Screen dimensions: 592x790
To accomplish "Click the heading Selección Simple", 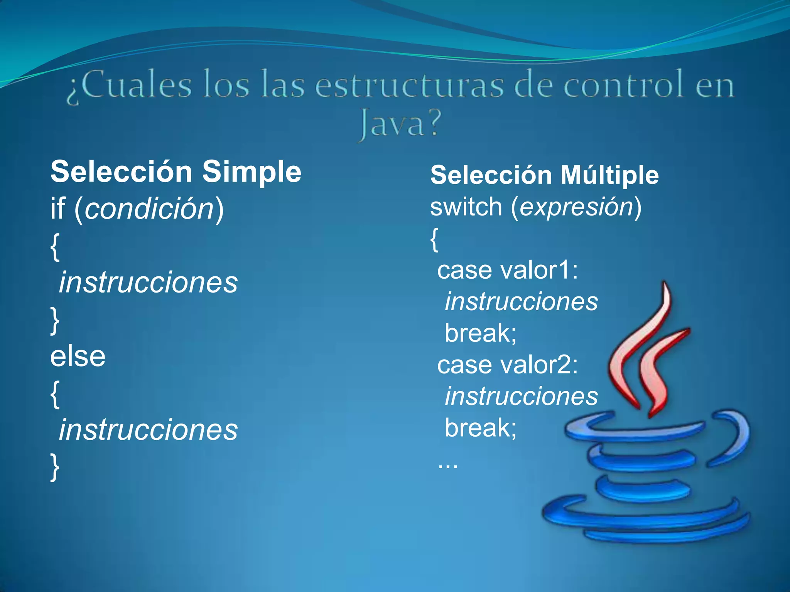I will [x=176, y=172].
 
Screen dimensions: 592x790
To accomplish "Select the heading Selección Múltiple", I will [x=544, y=175].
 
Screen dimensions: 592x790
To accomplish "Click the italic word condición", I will [x=149, y=209].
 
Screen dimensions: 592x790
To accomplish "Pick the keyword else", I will [x=78, y=356].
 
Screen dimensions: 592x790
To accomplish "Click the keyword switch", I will [x=466, y=207].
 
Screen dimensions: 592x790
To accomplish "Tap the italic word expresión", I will [x=576, y=207].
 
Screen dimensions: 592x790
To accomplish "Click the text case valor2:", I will [x=507, y=365].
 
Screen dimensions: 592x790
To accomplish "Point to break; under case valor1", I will [x=480, y=333].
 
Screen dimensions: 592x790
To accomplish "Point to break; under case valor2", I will [x=480, y=428].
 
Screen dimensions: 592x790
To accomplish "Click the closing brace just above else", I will [x=55, y=320].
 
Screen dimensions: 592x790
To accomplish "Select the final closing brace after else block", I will [x=55, y=468].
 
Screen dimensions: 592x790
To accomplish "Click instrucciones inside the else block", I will [x=148, y=430].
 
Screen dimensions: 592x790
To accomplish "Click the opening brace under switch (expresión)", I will [x=434, y=239].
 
